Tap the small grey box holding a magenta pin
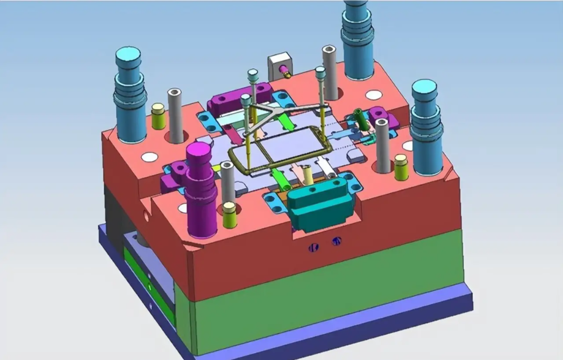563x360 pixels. point(279,65)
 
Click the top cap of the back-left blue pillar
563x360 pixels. point(128,54)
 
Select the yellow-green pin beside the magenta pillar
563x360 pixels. point(229,215)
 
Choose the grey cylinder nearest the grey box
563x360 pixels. point(330,71)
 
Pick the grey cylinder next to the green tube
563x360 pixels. point(382,145)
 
